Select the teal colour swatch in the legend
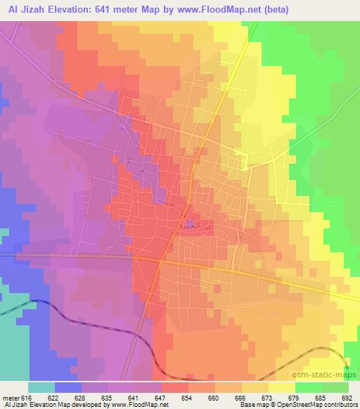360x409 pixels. (x=41, y=387)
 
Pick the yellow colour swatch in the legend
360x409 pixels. (x=282, y=387)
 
